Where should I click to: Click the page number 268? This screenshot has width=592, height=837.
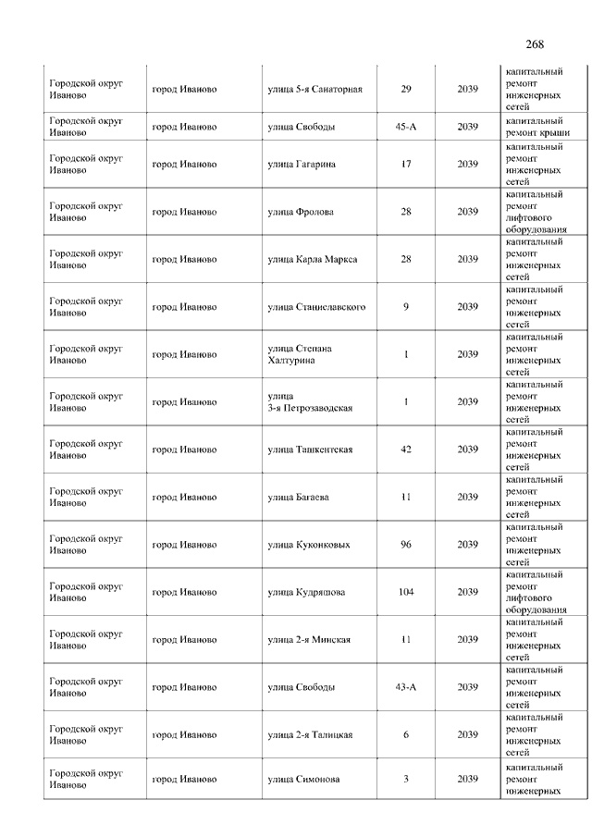click(534, 44)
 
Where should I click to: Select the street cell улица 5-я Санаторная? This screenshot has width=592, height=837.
click(314, 89)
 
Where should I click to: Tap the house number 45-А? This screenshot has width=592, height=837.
click(405, 127)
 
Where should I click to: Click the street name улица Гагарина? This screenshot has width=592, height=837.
click(302, 165)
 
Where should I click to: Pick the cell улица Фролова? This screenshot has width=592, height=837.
click(301, 212)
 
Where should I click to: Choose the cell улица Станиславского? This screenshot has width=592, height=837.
click(316, 307)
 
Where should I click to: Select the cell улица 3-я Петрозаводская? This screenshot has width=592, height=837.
click(310, 402)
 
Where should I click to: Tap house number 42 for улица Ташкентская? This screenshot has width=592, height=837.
click(405, 449)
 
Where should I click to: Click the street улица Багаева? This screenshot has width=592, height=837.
click(298, 498)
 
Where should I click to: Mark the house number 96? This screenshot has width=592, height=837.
click(405, 545)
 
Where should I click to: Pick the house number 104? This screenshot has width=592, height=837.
click(405, 592)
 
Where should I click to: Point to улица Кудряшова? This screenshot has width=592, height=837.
click(306, 592)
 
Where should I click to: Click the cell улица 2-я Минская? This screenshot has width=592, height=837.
click(309, 640)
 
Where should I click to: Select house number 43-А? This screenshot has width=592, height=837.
click(405, 687)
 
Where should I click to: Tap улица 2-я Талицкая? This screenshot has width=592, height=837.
click(310, 735)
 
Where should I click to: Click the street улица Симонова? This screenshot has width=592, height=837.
click(303, 779)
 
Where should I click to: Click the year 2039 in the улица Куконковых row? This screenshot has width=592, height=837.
click(467, 545)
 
